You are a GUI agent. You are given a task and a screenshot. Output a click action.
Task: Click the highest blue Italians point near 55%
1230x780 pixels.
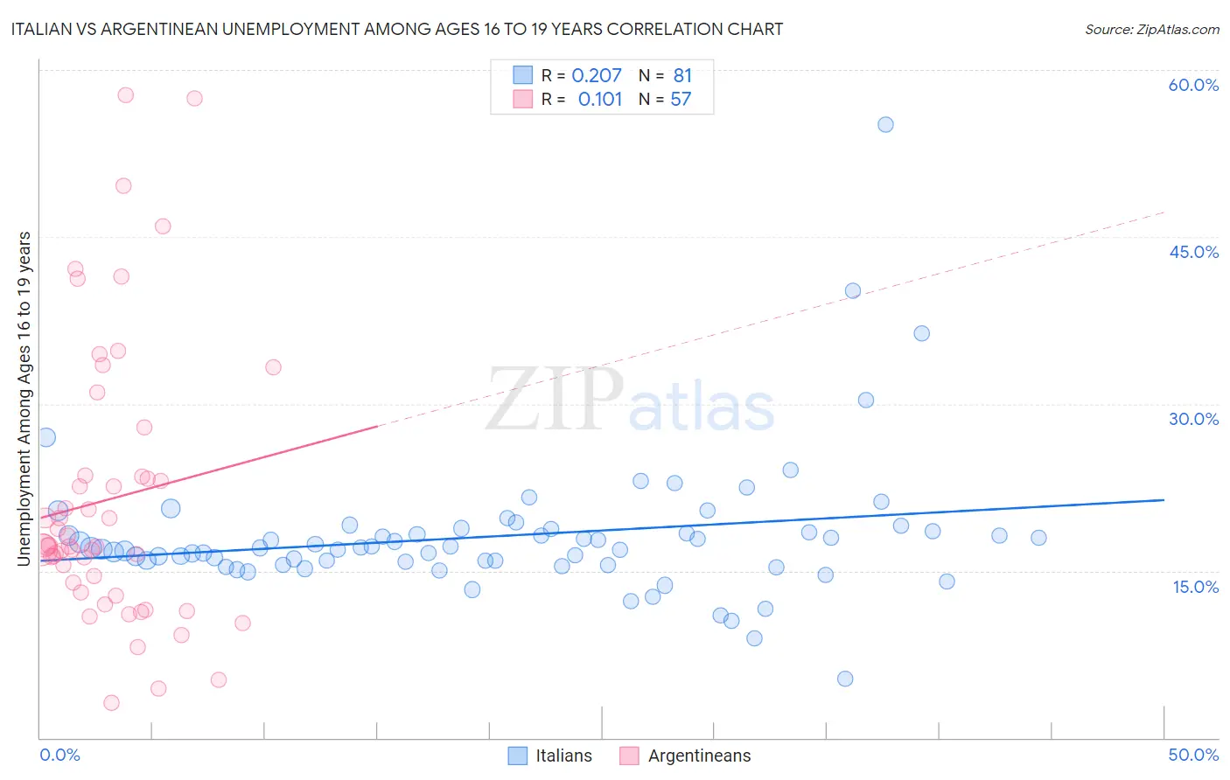pyautogui.click(x=885, y=124)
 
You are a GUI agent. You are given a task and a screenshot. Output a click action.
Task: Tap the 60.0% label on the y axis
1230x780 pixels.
pyautogui.click(x=1193, y=85)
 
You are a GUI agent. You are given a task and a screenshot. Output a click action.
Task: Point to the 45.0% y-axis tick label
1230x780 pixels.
pyautogui.click(x=1193, y=252)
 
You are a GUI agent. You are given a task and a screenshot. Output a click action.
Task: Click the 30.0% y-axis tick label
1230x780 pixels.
pyautogui.click(x=1193, y=419)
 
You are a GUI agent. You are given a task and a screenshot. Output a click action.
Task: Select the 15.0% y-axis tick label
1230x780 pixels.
pyautogui.click(x=1195, y=586)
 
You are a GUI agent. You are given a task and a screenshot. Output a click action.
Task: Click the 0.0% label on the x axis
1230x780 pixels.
pyautogui.click(x=59, y=755)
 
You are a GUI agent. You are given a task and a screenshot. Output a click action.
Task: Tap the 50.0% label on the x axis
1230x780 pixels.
pyautogui.click(x=1193, y=755)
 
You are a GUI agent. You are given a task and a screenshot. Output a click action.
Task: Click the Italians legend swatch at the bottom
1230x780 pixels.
pyautogui.click(x=518, y=756)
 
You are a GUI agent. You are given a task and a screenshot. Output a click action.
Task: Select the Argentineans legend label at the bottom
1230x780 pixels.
pyautogui.click(x=699, y=756)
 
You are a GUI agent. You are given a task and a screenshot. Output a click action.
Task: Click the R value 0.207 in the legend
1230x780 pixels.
pyautogui.click(x=597, y=75)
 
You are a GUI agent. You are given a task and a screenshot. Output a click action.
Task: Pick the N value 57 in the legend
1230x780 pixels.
pyautogui.click(x=681, y=99)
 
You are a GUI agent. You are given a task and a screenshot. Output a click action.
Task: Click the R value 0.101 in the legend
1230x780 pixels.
pyautogui.click(x=600, y=99)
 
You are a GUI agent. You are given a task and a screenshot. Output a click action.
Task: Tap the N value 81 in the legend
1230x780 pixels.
pyautogui.click(x=682, y=75)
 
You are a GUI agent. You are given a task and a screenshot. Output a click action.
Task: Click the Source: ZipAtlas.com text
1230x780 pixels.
pyautogui.click(x=1151, y=29)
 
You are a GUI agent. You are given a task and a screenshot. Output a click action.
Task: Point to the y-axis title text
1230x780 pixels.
pyautogui.click(x=24, y=398)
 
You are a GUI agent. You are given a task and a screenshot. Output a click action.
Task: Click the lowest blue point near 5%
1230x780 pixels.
pyautogui.click(x=845, y=679)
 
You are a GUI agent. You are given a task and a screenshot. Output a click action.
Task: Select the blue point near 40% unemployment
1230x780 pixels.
pyautogui.click(x=853, y=290)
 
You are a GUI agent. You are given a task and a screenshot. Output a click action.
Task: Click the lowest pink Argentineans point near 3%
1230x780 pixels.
pyautogui.click(x=111, y=702)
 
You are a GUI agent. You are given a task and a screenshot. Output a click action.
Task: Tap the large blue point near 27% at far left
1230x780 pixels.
pyautogui.click(x=46, y=437)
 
